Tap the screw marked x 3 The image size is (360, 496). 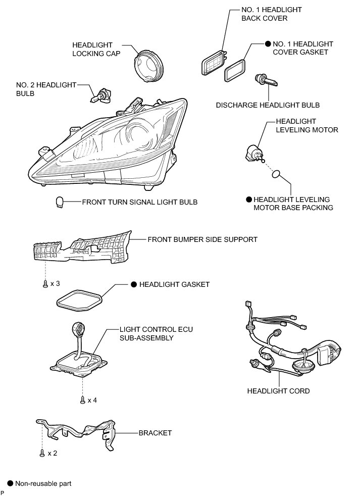45,284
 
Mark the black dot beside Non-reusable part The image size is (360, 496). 9,483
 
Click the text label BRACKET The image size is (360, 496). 155,433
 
